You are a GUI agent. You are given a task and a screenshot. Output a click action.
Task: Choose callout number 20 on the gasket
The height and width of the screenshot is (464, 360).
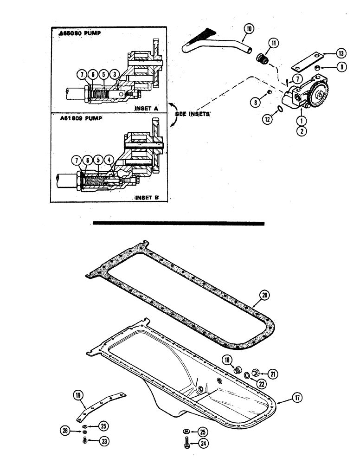click(x=264, y=294)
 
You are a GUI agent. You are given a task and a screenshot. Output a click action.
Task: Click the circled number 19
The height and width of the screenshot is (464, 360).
click(x=78, y=395)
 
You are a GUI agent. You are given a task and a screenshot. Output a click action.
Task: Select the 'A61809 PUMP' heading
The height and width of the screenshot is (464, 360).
click(x=78, y=118)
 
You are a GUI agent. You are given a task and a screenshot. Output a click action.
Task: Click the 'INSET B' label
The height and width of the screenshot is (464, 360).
click(x=147, y=197)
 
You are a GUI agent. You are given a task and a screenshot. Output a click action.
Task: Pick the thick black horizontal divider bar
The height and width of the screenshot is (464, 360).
click(x=179, y=223)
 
